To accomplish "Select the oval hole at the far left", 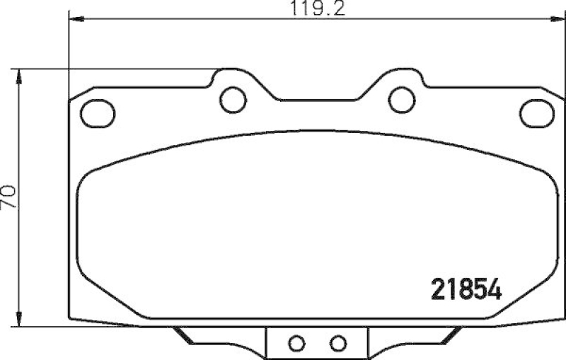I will [x=97, y=111].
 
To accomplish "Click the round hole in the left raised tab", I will [x=231, y=99].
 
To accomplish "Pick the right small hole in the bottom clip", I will [x=338, y=343].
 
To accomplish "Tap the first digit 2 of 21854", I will [x=439, y=289].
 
